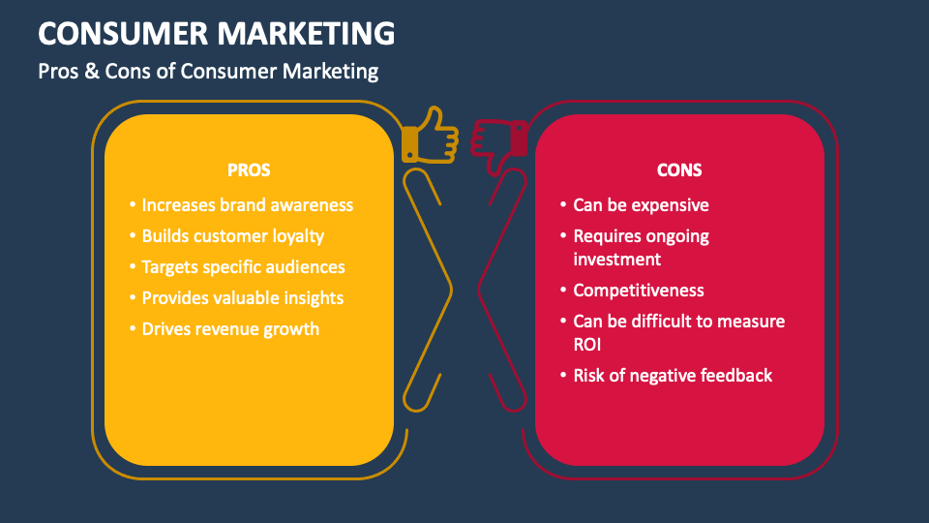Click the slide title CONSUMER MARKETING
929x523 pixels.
[x=217, y=33]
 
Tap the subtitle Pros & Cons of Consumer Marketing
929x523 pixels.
[x=208, y=71]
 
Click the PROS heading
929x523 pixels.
[x=249, y=170]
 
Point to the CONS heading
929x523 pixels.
[x=679, y=170]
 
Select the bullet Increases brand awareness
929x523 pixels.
[x=247, y=205]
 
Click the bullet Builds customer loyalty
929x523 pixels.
[x=232, y=236]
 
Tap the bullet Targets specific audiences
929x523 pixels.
[x=243, y=267]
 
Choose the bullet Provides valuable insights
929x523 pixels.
[x=242, y=298]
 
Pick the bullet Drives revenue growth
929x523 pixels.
[x=230, y=329]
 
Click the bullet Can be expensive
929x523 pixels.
[x=641, y=205]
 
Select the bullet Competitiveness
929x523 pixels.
[x=639, y=291]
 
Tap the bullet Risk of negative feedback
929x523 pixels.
[x=673, y=376]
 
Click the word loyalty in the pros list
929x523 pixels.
[x=295, y=236]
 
